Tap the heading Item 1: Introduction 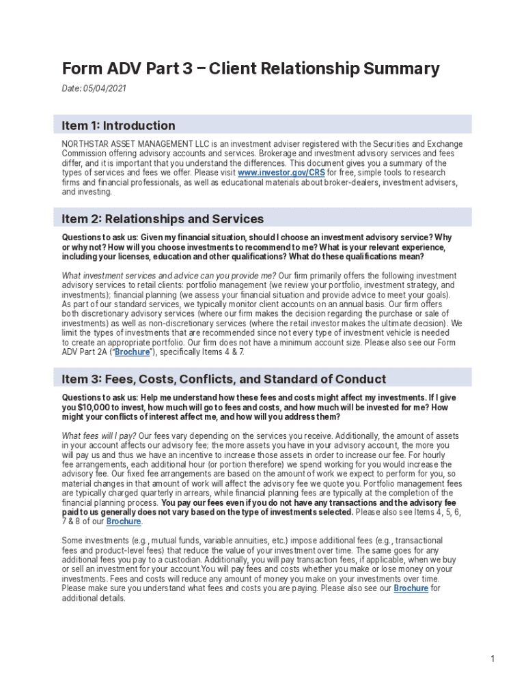118,125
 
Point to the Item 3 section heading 223,379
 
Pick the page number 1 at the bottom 492,659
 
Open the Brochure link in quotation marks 132,352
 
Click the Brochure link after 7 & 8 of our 124,522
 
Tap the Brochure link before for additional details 411,588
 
